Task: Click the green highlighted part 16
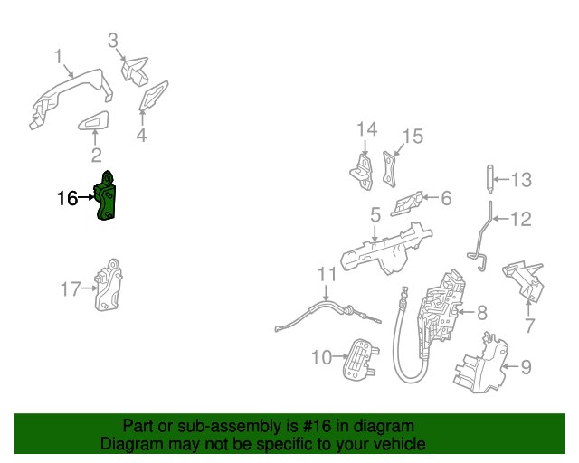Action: pyautogui.click(x=108, y=197)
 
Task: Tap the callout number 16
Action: pyautogui.click(x=68, y=198)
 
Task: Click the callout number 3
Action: pyautogui.click(x=113, y=41)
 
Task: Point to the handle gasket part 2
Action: pyautogui.click(x=94, y=123)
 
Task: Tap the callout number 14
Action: pyautogui.click(x=365, y=130)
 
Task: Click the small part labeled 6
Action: pyautogui.click(x=408, y=203)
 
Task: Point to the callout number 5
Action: pyautogui.click(x=375, y=215)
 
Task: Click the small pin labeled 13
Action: pyautogui.click(x=489, y=178)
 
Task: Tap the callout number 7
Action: pyautogui.click(x=529, y=325)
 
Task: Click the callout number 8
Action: pyautogui.click(x=481, y=313)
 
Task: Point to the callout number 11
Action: pyautogui.click(x=327, y=275)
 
